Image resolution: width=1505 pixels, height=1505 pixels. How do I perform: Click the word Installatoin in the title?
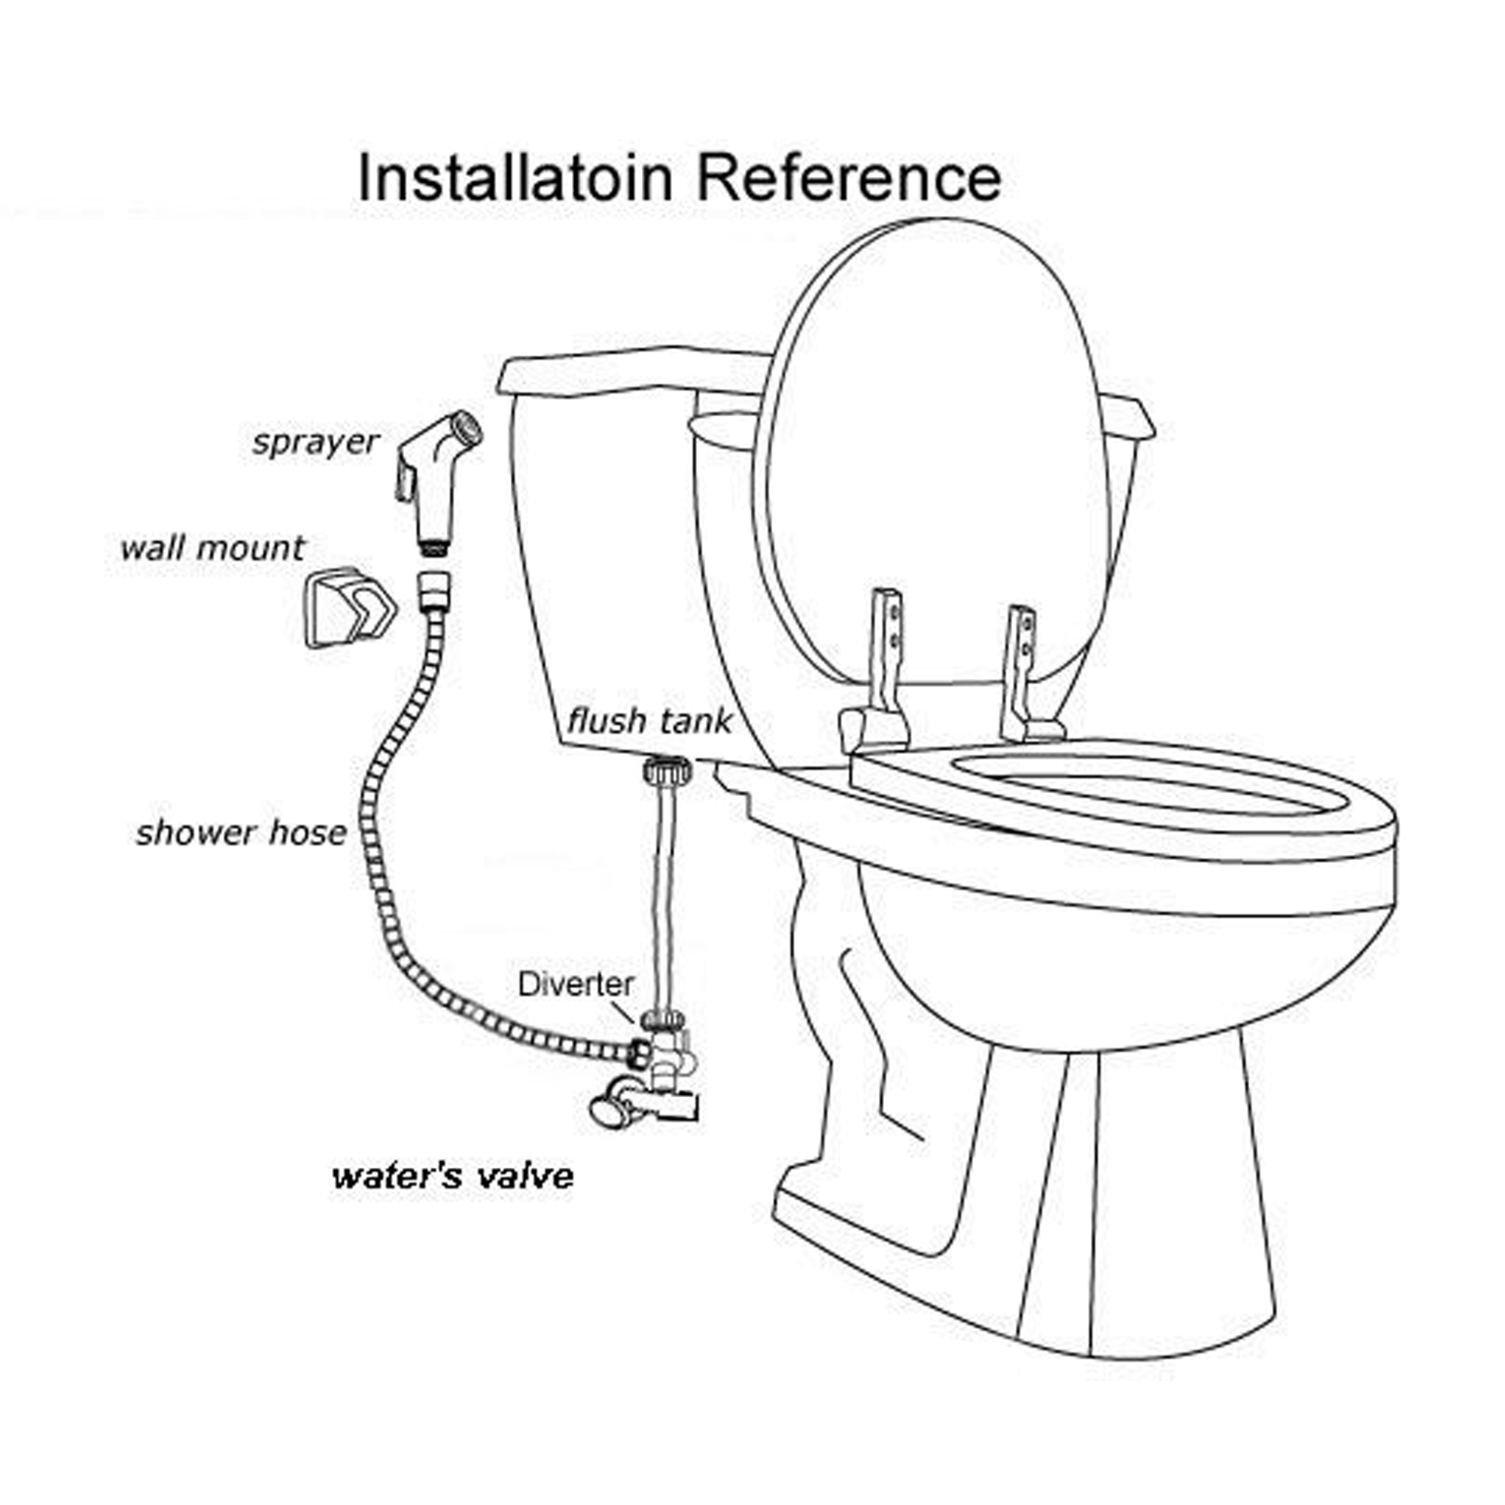514,178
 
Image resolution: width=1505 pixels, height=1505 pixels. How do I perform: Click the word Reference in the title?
848,178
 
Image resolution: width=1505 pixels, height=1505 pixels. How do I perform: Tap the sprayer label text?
315,442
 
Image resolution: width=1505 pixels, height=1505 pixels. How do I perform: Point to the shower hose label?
241,833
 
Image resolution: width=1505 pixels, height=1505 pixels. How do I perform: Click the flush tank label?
649,721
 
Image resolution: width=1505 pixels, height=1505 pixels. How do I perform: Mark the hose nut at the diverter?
639,1053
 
